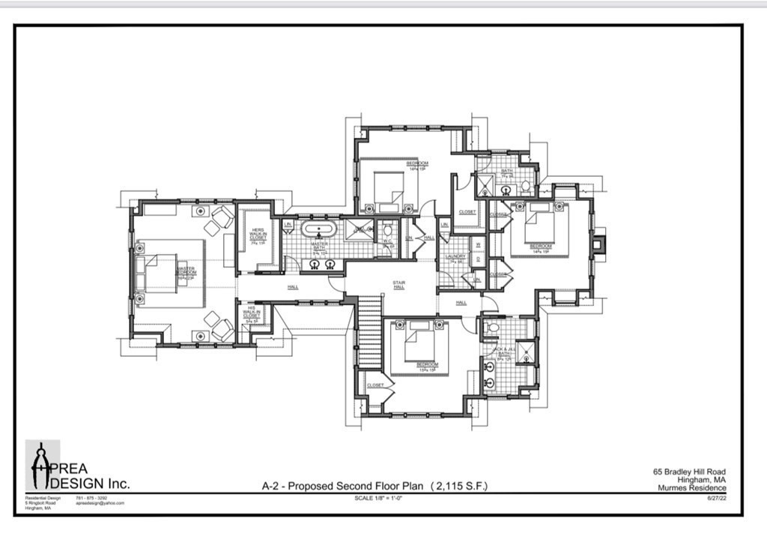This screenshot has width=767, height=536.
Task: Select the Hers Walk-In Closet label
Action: (x=257, y=234)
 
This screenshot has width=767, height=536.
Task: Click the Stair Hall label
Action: (x=399, y=285)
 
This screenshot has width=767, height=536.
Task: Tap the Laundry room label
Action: (x=456, y=257)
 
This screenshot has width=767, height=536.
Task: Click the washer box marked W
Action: (x=478, y=244)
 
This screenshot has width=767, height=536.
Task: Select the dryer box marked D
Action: (x=478, y=259)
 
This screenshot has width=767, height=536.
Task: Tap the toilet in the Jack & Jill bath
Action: (x=493, y=327)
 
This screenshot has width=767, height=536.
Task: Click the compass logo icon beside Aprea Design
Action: (x=41, y=466)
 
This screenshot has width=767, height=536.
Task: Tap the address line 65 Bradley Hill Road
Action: (x=689, y=472)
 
